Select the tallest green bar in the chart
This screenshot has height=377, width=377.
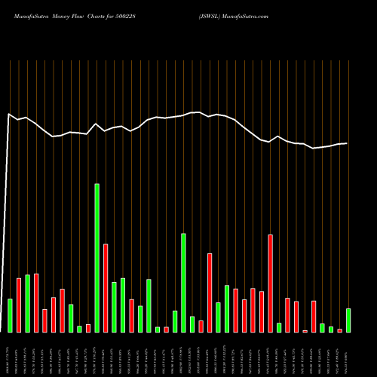click(x=97, y=258)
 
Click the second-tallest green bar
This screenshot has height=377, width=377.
click(x=183, y=283)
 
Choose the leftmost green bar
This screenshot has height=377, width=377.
click(x=10, y=315)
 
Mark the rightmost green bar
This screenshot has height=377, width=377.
click(x=348, y=320)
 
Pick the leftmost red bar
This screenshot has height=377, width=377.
click(x=19, y=305)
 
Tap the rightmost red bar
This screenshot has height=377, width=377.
click(x=340, y=330)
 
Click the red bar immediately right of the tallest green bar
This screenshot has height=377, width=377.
click(x=106, y=288)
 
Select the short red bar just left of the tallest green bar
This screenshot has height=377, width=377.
click(x=88, y=328)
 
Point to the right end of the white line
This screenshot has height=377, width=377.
click(x=347, y=143)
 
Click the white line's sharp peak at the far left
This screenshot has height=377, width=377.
click(x=9, y=115)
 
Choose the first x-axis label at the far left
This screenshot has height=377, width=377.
click(x=10, y=354)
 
